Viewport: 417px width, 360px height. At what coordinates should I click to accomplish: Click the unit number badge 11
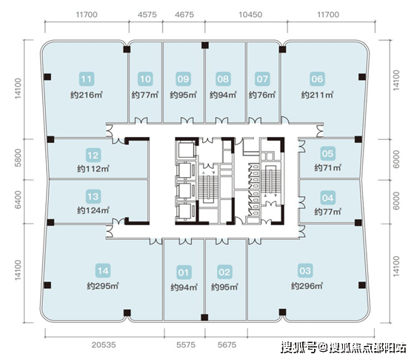tap(87, 79)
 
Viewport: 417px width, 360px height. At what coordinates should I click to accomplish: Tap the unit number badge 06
tap(317, 79)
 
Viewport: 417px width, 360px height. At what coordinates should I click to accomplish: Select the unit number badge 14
tap(103, 270)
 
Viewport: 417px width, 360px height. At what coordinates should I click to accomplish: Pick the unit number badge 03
tap(304, 270)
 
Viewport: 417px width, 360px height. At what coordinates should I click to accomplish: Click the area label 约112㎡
tap(93, 169)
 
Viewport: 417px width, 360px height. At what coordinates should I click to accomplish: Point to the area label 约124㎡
tap(93, 210)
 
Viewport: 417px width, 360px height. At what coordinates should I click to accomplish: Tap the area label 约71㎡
tap(327, 167)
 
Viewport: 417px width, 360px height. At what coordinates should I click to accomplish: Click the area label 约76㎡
tap(262, 95)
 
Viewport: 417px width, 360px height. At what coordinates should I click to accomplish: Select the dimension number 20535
tap(104, 345)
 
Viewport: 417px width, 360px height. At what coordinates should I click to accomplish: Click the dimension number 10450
tap(250, 14)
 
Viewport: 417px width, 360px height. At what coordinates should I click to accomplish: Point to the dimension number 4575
tap(147, 14)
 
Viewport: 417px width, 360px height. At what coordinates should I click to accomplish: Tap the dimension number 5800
tap(18, 158)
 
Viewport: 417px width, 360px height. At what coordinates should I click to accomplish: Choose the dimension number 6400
tap(18, 199)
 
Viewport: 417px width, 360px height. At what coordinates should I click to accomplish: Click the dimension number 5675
tap(227, 345)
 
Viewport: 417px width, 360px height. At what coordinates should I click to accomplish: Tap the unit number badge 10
tap(145, 79)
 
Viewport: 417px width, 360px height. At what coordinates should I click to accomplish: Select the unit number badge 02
tap(224, 272)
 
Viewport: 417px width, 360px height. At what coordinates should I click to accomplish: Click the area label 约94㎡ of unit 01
tap(184, 287)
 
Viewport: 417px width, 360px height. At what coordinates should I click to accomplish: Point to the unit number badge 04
tap(327, 198)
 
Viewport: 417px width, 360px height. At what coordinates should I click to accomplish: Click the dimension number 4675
tap(184, 14)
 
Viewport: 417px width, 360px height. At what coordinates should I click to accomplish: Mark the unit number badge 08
tap(223, 79)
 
